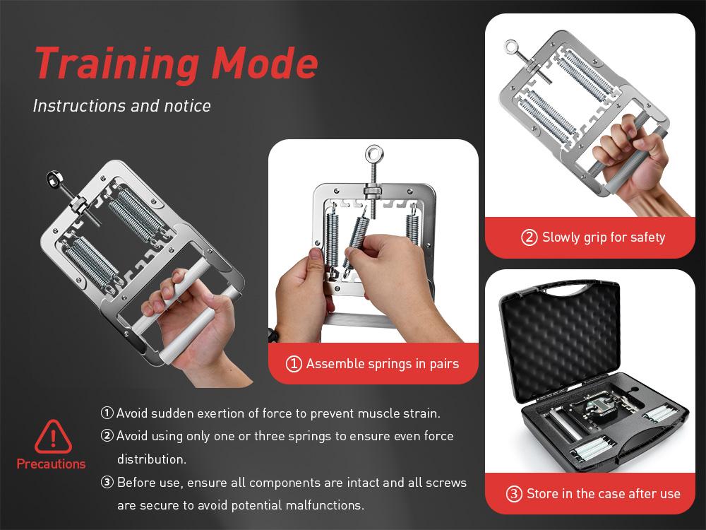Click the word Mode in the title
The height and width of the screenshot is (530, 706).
265,64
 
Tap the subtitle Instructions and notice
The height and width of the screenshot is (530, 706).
121,106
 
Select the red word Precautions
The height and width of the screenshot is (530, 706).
51,464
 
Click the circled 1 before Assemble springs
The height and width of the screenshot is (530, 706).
294,365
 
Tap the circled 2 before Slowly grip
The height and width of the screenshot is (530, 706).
529,237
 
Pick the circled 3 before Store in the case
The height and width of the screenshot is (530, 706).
514,493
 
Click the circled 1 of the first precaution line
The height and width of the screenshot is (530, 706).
107,413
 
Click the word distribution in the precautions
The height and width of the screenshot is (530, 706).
151,459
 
